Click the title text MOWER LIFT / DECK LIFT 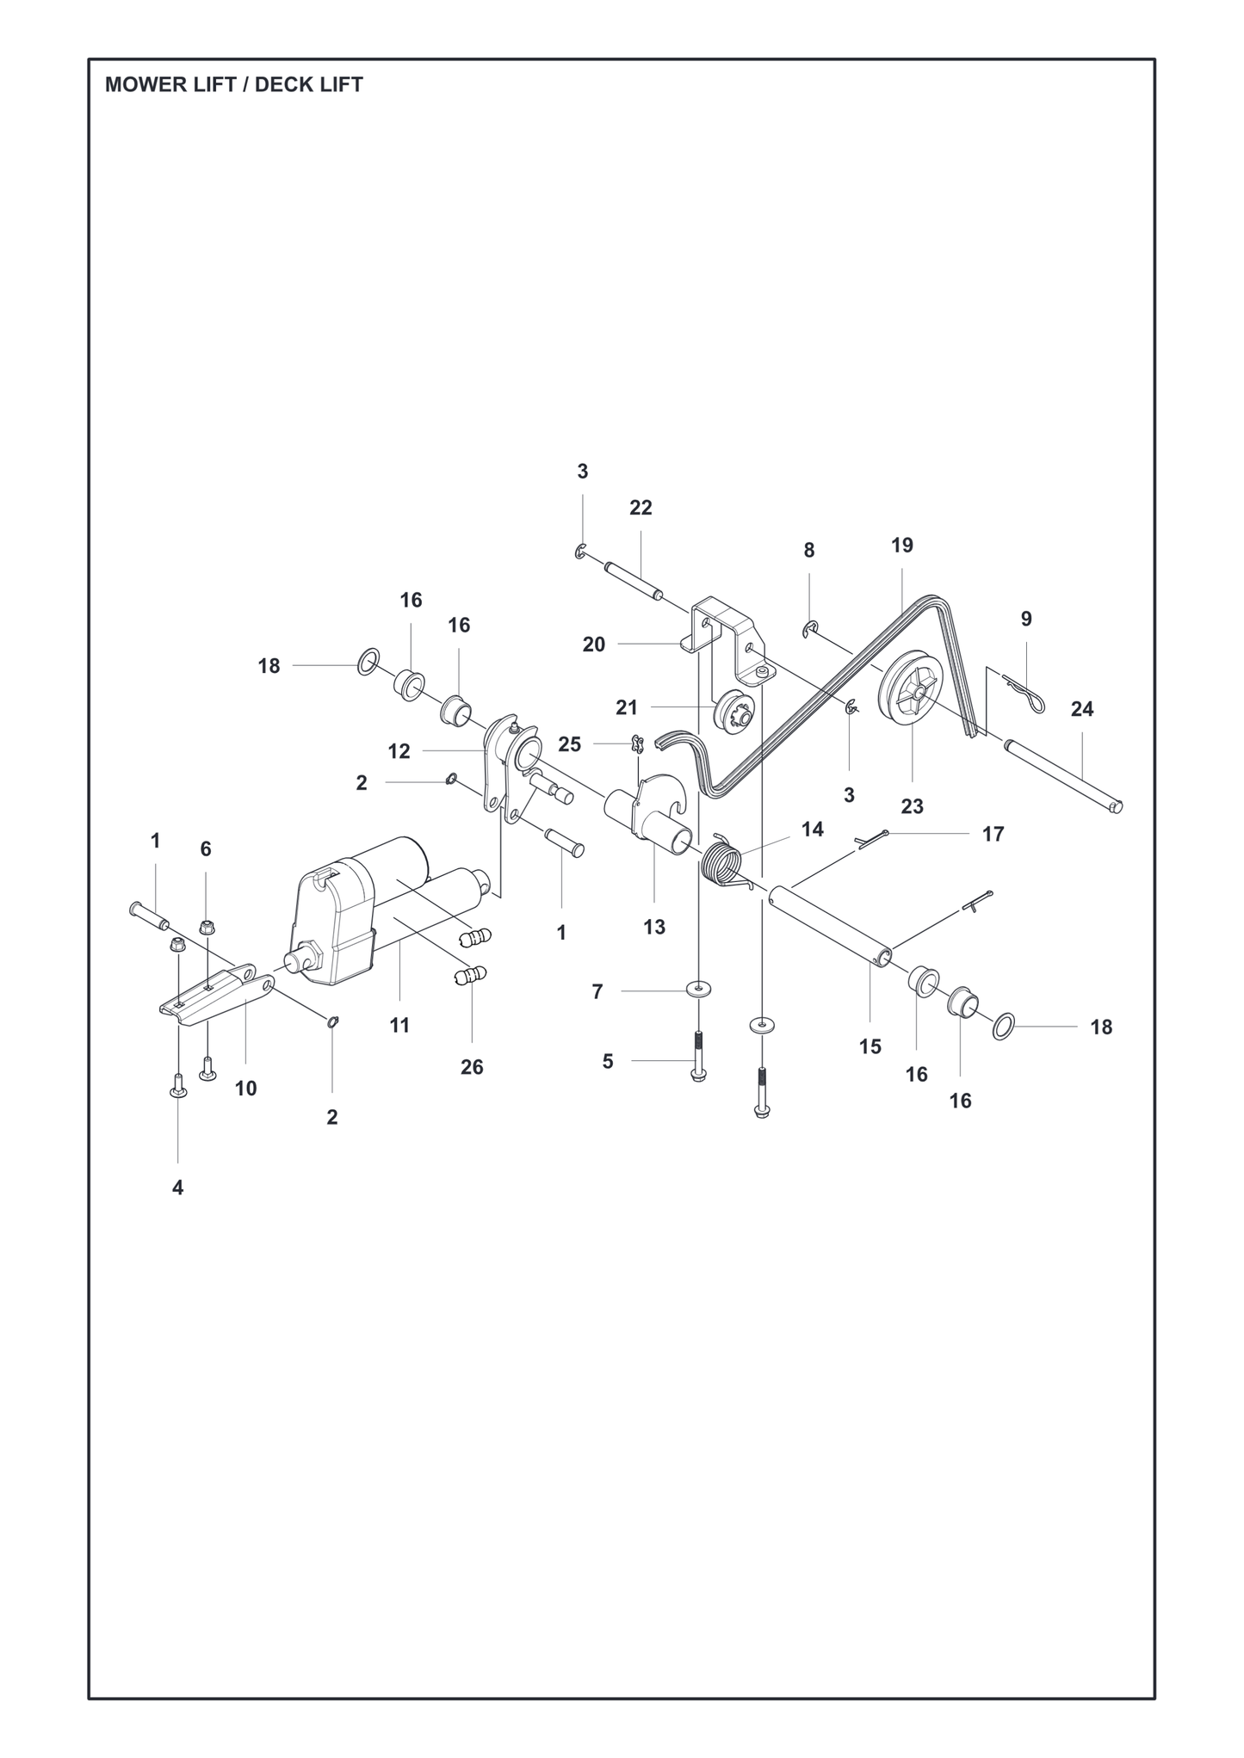coord(234,85)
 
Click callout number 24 coord(1082,709)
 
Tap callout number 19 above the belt coord(902,545)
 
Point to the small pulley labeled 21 coord(733,711)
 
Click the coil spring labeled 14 coord(727,860)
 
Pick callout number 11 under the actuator coord(399,1026)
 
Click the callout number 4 coord(177,1187)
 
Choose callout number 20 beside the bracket coord(594,645)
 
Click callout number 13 coord(654,927)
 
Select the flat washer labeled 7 coord(698,989)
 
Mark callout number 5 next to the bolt coord(608,1062)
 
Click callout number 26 coord(472,1067)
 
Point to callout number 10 coord(245,1089)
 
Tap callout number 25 coord(570,744)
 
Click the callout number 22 coord(641,508)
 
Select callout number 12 coord(399,751)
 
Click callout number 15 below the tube coord(870,1046)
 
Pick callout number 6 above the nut coord(206,849)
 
